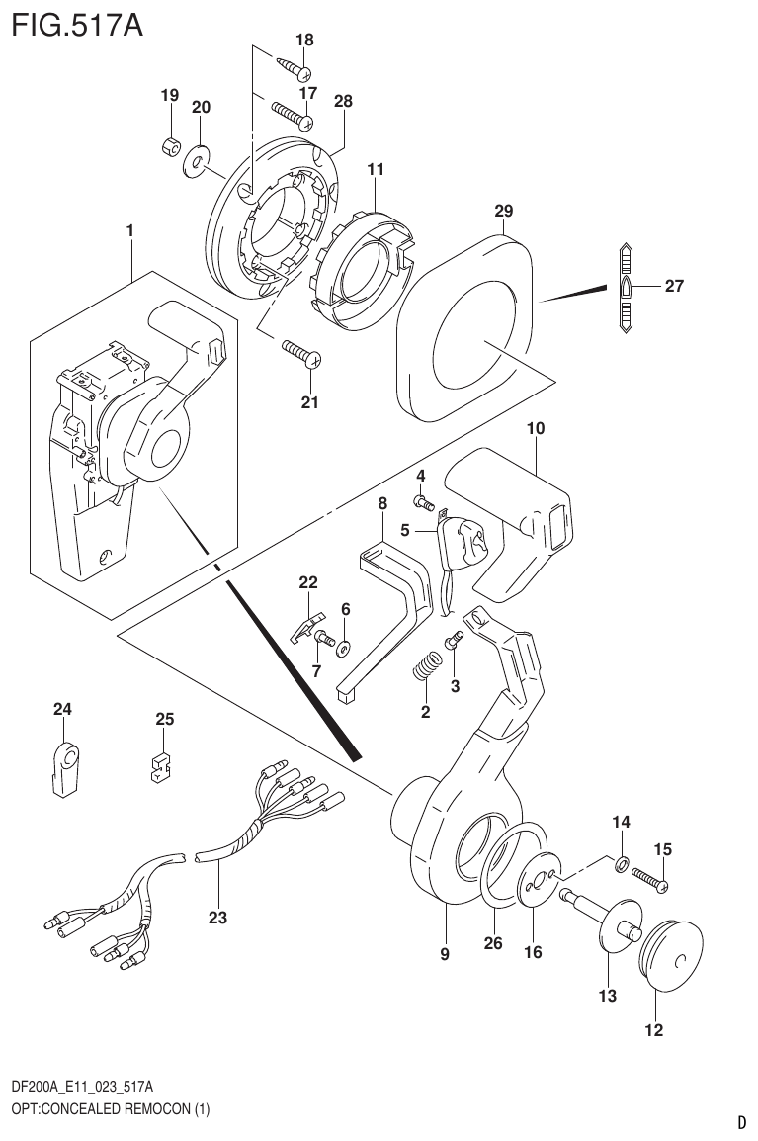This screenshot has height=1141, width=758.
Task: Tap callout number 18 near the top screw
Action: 304,41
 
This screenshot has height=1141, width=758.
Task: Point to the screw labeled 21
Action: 297,353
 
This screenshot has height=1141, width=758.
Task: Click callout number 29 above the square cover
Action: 504,211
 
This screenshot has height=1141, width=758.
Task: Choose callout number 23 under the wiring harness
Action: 217,918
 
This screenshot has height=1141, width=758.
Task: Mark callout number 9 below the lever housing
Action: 445,954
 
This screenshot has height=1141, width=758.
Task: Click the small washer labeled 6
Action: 345,648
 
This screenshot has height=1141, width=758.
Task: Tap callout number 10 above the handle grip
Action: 536,429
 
